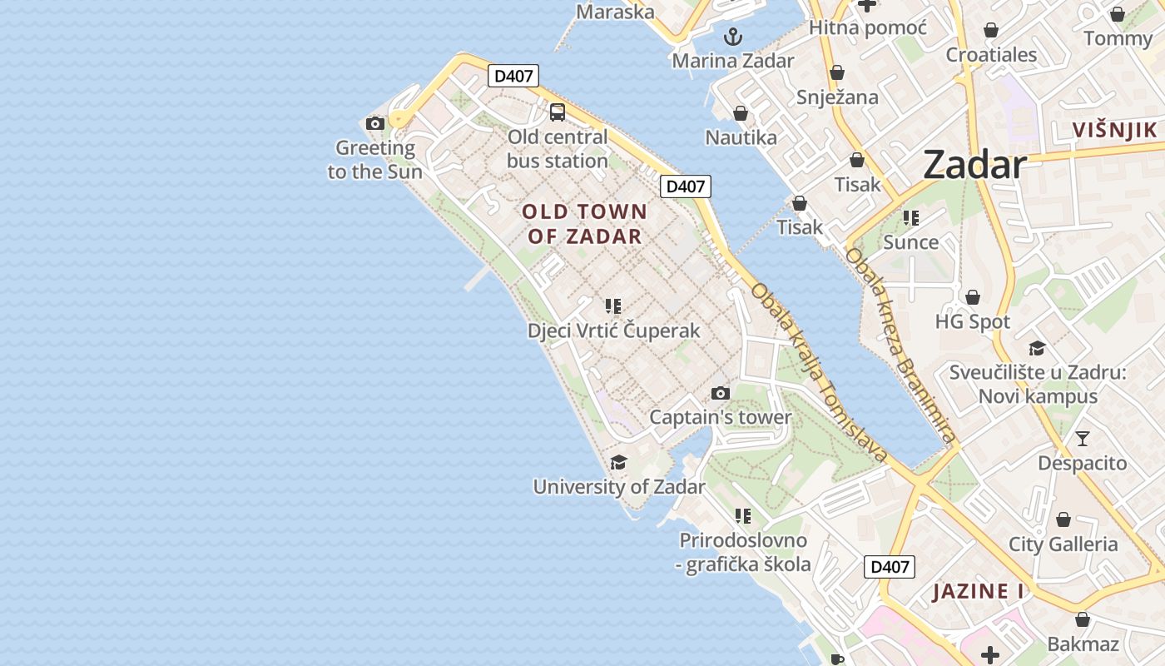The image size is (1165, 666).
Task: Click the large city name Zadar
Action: [974, 165]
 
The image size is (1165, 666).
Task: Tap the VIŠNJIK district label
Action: [1115, 130]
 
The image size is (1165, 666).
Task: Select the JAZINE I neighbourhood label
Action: [978, 592]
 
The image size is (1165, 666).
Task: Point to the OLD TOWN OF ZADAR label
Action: [584, 223]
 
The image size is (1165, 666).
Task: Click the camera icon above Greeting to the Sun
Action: [375, 124]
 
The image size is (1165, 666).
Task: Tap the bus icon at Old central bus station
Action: [558, 112]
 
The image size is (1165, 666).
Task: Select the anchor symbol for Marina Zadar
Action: [732, 36]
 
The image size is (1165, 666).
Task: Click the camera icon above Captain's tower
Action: [721, 393]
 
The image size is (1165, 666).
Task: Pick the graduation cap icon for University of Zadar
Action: [618, 462]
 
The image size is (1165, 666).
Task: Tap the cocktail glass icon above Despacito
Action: [1082, 438]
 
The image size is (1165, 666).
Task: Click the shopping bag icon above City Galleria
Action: [1063, 520]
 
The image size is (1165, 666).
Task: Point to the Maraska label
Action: [615, 12]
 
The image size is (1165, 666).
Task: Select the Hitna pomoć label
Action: [867, 28]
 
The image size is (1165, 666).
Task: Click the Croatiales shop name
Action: [991, 55]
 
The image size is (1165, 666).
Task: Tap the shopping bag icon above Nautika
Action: [741, 113]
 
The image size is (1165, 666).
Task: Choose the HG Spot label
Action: [972, 321]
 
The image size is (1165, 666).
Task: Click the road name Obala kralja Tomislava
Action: [819, 373]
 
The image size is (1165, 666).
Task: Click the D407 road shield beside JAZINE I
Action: [889, 567]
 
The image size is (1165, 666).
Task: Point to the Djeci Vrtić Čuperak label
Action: [613, 331]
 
